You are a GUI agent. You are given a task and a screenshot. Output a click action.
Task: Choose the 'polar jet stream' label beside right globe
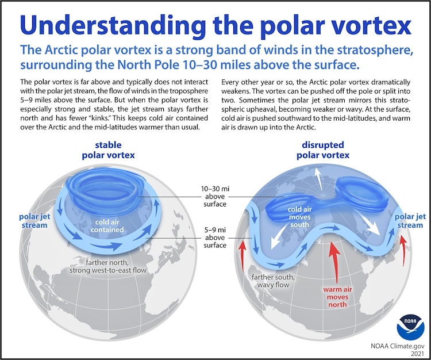[x=410, y=220]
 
